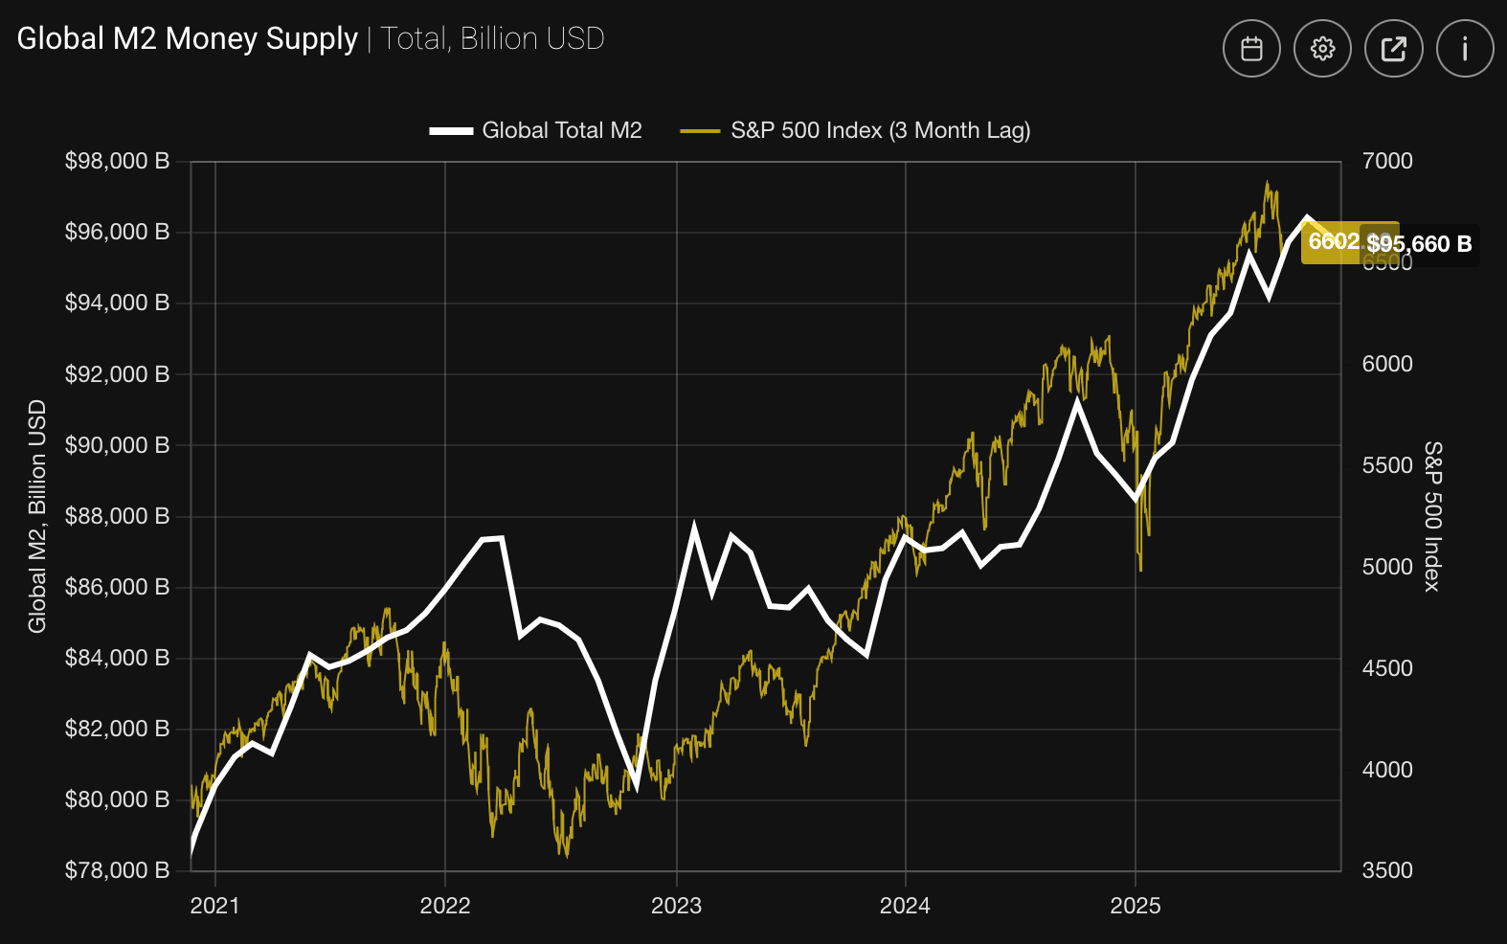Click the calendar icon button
(1251, 49)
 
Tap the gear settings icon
(1322, 49)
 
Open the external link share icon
(1393, 49)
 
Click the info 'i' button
(1465, 49)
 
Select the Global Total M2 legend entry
(536, 130)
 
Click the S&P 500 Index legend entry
(856, 130)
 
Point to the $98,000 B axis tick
(117, 161)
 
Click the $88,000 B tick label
(117, 516)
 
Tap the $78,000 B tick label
(117, 870)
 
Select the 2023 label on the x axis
(676, 906)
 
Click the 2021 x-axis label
(215, 906)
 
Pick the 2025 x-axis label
(1135, 906)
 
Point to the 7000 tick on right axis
(1387, 161)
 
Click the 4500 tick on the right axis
(1387, 668)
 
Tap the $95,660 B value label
(1420, 244)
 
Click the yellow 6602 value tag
(1333, 242)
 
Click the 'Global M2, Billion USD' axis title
(37, 516)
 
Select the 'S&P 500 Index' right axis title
(1432, 516)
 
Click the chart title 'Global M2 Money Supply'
(188, 38)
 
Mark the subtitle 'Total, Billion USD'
(492, 38)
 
